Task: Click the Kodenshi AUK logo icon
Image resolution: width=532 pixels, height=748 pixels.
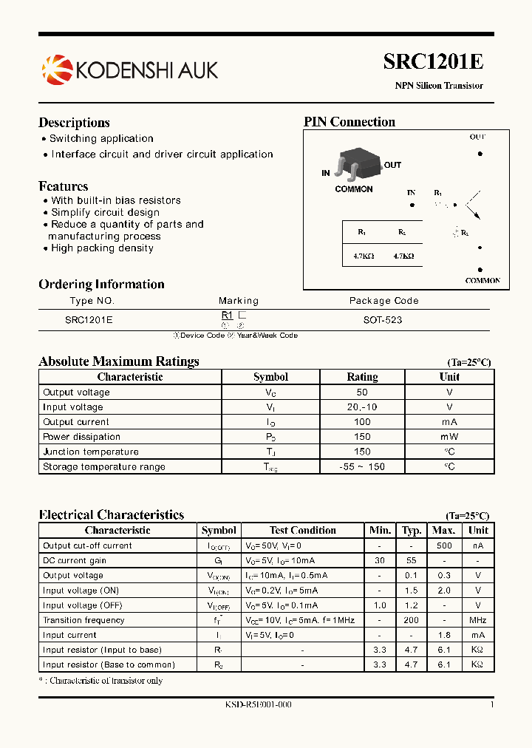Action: [x=57, y=69]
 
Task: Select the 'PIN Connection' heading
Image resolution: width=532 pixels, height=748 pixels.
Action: [x=349, y=122]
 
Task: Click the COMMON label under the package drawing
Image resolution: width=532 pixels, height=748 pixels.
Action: [x=354, y=189]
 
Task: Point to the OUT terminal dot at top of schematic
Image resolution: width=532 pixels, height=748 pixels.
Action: [x=480, y=154]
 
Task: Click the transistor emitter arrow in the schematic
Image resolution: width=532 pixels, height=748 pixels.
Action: [x=474, y=214]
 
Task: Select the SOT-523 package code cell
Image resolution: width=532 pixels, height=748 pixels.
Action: [x=383, y=320]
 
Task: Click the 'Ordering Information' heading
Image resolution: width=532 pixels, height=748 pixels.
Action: [x=101, y=285]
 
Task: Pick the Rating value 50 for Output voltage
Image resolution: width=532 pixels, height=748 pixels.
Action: [x=362, y=392]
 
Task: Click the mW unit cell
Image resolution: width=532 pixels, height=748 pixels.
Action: [x=449, y=437]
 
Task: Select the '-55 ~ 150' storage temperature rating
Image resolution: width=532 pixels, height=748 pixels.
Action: [x=362, y=466]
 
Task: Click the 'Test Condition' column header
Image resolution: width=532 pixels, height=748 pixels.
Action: [x=303, y=530]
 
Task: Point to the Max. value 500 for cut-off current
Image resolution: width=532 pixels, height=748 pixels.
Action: [x=443, y=545]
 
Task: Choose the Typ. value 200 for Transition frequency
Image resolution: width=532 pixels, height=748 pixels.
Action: [x=412, y=620]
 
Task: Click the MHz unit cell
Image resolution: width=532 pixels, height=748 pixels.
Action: [x=478, y=620]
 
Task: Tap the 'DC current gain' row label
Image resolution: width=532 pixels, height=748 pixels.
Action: [x=74, y=560]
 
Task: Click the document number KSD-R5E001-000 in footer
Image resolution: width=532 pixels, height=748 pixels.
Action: [x=259, y=704]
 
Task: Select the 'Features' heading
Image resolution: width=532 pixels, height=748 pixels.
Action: [x=64, y=186]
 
